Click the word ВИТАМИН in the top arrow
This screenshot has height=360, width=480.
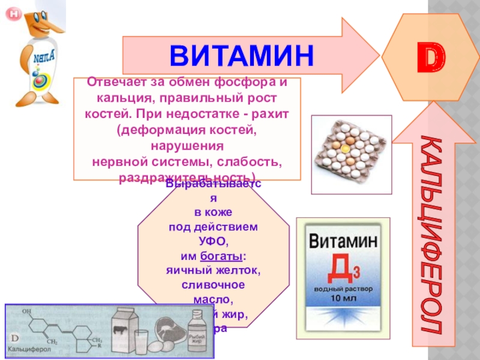tap(241, 55)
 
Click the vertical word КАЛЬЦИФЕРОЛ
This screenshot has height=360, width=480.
tap(431, 234)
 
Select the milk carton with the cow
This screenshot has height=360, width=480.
tap(124, 330)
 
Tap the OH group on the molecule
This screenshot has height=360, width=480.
tap(26, 311)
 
